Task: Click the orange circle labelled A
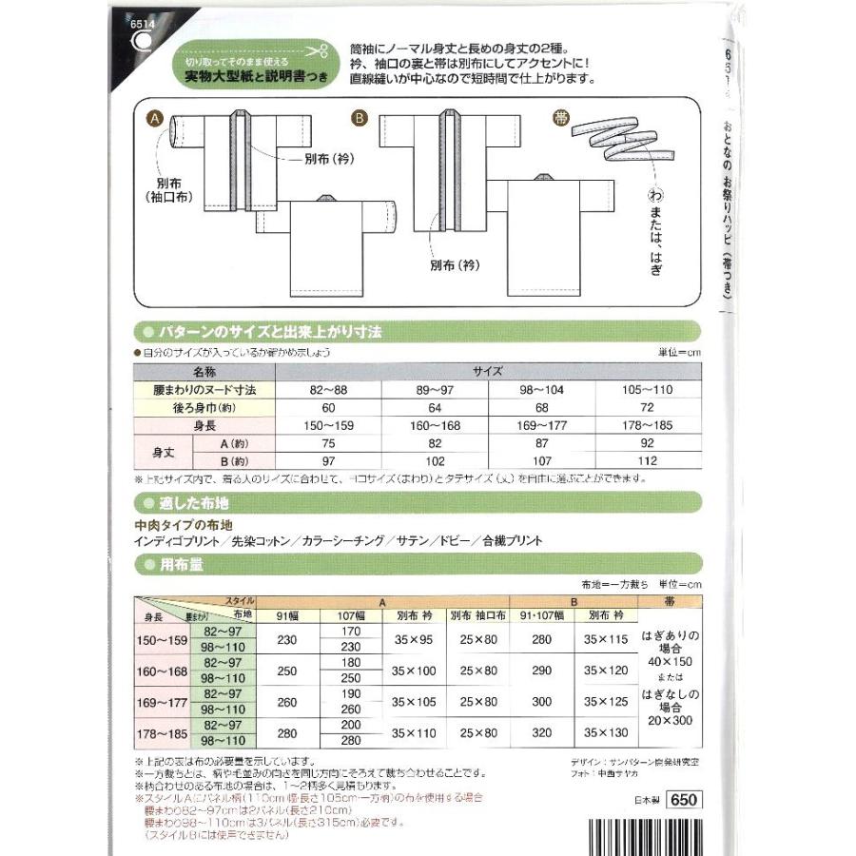154,121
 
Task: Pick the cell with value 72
649,408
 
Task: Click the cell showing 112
649,461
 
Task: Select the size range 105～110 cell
649,390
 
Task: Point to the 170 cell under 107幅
350,630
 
